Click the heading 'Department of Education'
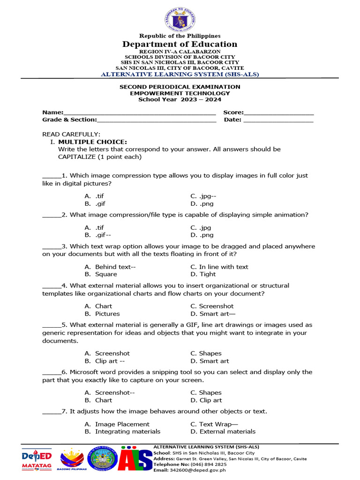tap(180, 44)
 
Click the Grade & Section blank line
tap(157, 120)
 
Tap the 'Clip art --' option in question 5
tap(110, 361)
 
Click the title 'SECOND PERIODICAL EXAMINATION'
tap(180, 87)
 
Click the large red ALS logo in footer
tap(135, 459)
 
